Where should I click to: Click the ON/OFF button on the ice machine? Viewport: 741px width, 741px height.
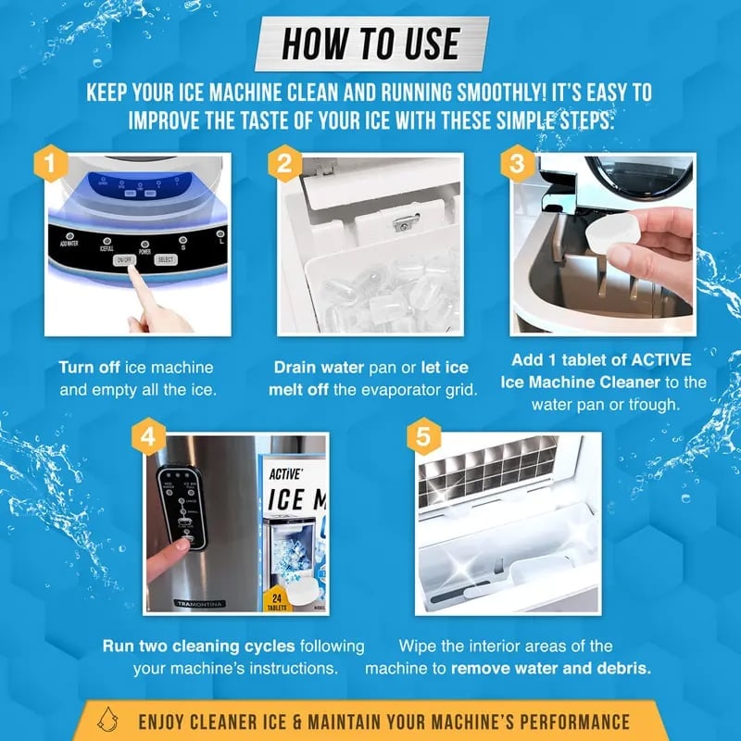point(125,261)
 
